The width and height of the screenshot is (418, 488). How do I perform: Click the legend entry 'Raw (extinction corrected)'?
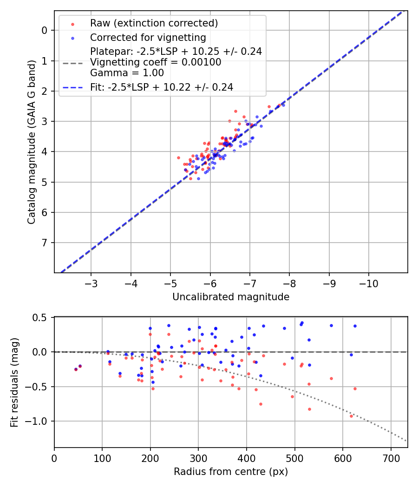tap(154, 23)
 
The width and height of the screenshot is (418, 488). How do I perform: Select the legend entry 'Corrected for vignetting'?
tap(148, 37)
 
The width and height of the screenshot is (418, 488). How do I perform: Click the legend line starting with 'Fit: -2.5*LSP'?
tap(162, 86)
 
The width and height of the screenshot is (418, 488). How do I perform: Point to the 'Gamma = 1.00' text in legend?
tap(127, 73)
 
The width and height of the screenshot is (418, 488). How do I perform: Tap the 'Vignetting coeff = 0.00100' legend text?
tap(156, 62)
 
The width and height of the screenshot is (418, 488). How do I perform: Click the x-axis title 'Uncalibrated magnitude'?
tap(231, 297)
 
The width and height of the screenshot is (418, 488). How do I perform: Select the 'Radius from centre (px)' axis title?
tap(231, 472)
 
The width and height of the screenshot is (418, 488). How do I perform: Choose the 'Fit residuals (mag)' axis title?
tap(15, 382)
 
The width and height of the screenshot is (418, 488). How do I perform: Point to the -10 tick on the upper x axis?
tap(369, 284)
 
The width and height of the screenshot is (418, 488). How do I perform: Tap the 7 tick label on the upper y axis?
tap(45, 243)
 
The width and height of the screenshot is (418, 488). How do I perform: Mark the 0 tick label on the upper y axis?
tap(45, 30)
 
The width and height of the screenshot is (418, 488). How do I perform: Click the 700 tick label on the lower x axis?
tap(391, 458)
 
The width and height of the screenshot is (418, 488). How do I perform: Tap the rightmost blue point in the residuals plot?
tap(355, 326)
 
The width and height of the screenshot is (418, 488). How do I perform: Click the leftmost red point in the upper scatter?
tap(178, 158)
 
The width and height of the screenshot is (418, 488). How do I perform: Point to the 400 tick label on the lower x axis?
tap(247, 458)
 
